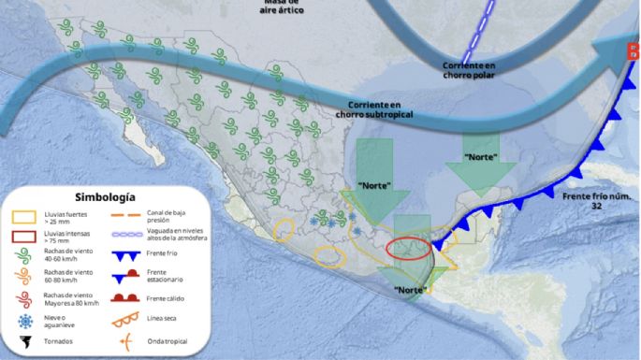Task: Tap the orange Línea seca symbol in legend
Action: (132, 320)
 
